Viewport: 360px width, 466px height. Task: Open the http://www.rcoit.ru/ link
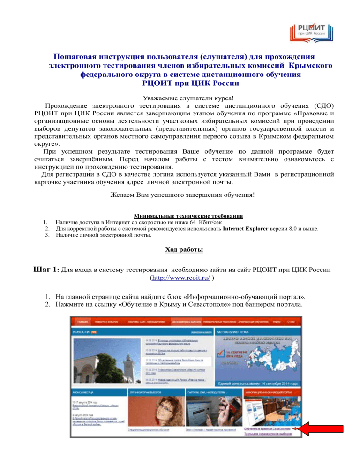[x=179, y=278]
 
